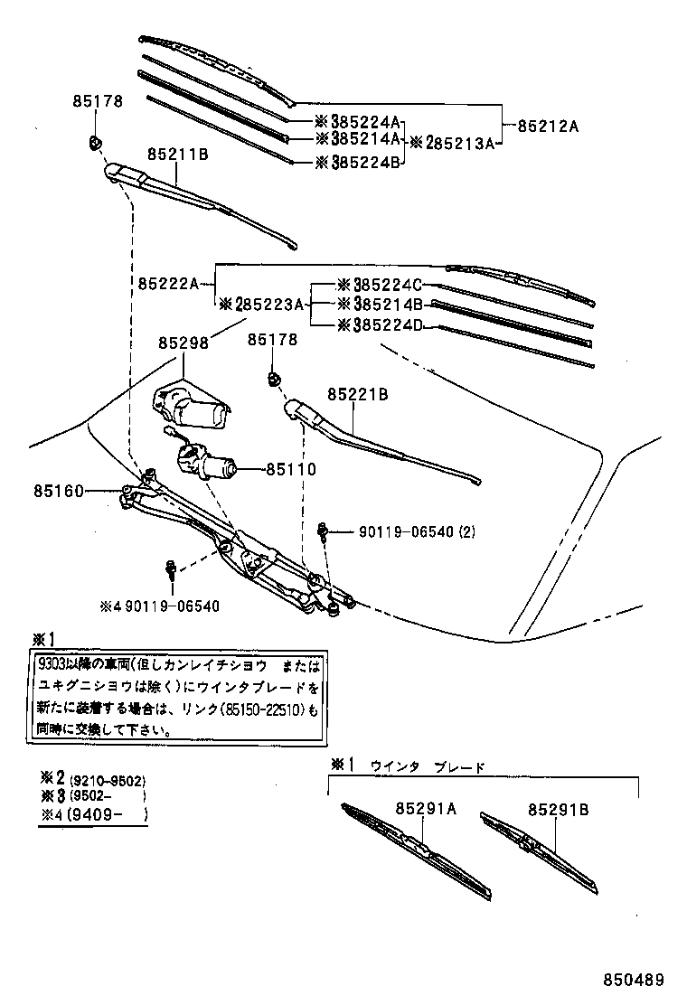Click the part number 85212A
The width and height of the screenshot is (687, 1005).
[547, 127]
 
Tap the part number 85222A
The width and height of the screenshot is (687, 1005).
[168, 283]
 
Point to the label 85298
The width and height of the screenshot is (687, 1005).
[184, 343]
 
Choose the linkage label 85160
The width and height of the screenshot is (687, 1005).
[60, 491]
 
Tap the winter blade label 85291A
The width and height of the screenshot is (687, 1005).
[425, 810]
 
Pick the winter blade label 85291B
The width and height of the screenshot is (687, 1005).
[558, 810]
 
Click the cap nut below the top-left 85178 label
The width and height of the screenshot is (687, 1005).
[95, 141]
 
